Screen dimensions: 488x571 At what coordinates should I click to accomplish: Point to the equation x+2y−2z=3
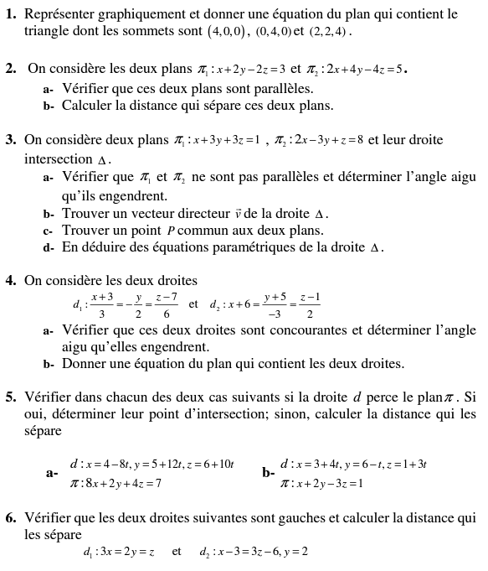click(250, 70)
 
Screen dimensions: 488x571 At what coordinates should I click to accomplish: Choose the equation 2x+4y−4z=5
click(369, 70)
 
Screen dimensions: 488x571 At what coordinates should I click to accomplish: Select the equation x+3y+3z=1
click(228, 140)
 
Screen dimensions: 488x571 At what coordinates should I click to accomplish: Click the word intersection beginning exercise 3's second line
click(58, 158)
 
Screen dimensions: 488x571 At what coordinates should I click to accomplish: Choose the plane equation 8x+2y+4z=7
click(123, 483)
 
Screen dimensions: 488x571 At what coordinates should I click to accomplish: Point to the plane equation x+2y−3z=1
click(328, 483)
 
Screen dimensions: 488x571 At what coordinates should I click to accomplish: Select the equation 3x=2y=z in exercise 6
click(125, 552)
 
